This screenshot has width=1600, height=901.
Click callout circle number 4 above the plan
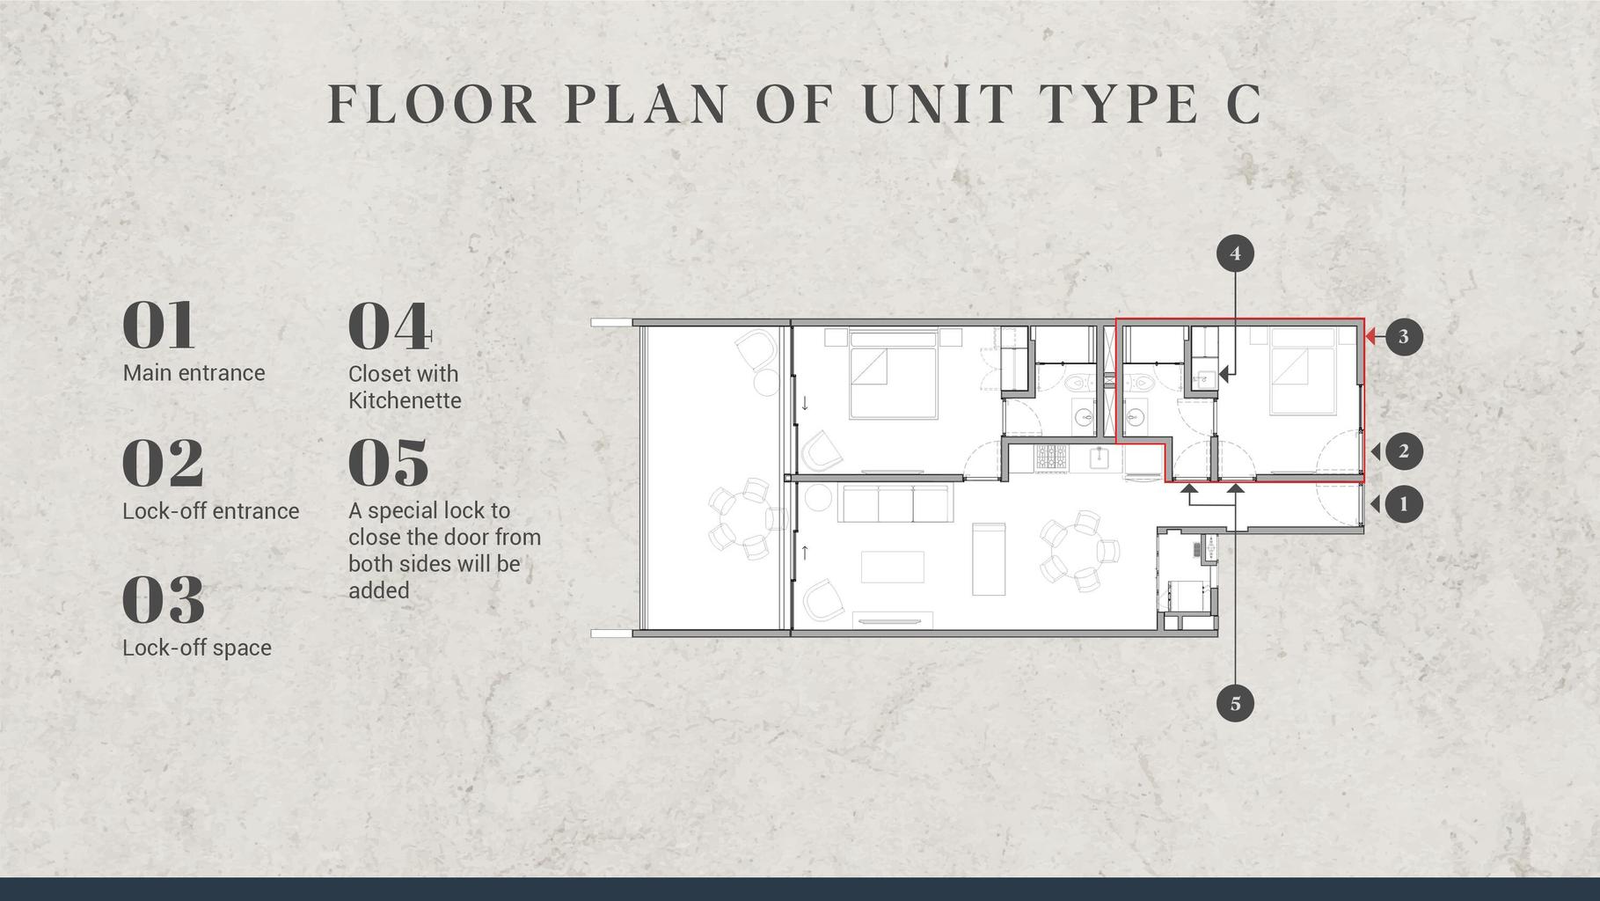point(1235,253)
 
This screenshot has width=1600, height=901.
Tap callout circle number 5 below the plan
point(1235,704)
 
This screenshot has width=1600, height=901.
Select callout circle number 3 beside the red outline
point(1404,336)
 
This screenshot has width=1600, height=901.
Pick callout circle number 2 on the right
point(1404,451)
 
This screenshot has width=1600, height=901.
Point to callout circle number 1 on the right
point(1404,504)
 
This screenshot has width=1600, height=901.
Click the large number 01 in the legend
point(158,325)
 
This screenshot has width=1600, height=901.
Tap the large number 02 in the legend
point(163,463)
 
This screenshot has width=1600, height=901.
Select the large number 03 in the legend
point(164,599)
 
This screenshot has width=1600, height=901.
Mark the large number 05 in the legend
point(389,463)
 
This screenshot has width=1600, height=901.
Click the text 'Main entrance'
point(194,373)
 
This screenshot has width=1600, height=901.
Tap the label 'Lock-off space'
point(197,648)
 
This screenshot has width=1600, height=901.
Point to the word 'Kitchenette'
point(405,400)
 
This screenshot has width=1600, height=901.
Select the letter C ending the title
point(1244,103)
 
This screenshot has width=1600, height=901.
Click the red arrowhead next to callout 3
point(1370,336)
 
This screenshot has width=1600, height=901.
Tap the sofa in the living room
point(896,502)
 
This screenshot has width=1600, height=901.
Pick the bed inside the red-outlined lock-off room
point(1304,370)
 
